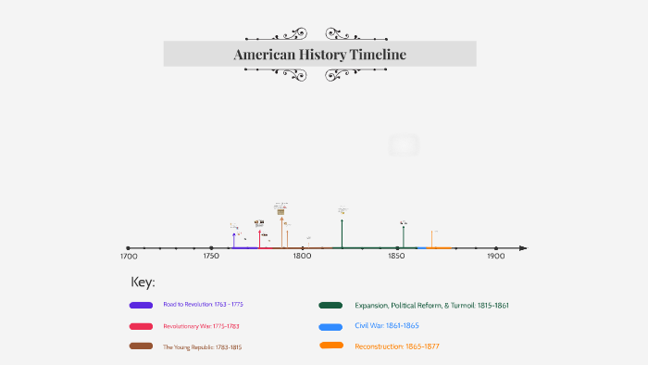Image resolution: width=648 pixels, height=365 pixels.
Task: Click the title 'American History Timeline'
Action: [319, 55]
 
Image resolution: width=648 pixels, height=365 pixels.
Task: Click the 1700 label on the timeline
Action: [129, 256]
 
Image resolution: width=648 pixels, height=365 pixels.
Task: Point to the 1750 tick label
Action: [210, 256]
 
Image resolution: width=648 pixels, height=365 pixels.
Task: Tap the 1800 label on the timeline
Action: [302, 256]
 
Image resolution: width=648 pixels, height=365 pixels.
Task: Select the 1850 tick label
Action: [396, 256]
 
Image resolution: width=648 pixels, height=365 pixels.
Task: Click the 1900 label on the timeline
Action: [496, 256]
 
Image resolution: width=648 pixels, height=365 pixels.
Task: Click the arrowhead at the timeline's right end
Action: [523, 247]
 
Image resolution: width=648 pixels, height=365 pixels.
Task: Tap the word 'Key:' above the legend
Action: [143, 282]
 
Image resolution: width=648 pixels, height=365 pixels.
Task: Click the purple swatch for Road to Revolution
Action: [141, 305]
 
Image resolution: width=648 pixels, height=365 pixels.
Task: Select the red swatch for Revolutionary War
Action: [141, 326]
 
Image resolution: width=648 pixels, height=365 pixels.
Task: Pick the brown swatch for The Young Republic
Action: [141, 346]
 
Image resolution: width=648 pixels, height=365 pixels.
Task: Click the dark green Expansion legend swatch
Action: [330, 305]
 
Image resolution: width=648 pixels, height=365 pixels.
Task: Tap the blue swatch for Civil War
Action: [330, 326]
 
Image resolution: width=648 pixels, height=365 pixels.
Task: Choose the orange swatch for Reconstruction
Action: [330, 346]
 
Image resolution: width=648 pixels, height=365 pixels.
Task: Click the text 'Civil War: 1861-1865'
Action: [387, 326]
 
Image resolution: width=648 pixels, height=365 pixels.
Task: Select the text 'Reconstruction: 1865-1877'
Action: [395, 346]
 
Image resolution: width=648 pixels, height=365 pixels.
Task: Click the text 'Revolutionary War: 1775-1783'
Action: [202, 326]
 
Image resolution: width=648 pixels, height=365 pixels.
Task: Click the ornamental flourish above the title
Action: [319, 32]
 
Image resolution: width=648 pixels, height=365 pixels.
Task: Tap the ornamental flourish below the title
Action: [319, 74]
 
